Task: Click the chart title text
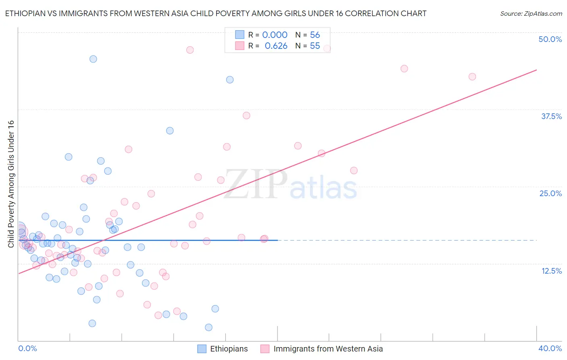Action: [x=215, y=14]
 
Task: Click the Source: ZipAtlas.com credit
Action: [x=531, y=14]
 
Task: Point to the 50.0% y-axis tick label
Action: [x=550, y=39]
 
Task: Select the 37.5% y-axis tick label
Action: [x=551, y=116]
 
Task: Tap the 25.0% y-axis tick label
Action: [x=550, y=193]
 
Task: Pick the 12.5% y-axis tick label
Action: [x=551, y=271]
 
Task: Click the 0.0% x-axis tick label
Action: [x=27, y=348]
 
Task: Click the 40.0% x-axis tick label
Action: [x=550, y=348]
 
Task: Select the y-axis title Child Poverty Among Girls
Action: [x=11, y=184]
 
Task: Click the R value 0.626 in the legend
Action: [x=276, y=46]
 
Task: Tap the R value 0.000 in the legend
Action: [x=275, y=35]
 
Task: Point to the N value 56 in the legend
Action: [x=315, y=35]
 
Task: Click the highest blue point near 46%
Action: [x=93, y=59]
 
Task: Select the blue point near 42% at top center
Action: [x=230, y=80]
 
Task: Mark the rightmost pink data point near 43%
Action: [x=472, y=77]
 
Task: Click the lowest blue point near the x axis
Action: [x=208, y=327]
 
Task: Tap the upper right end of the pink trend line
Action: [x=536, y=70]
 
